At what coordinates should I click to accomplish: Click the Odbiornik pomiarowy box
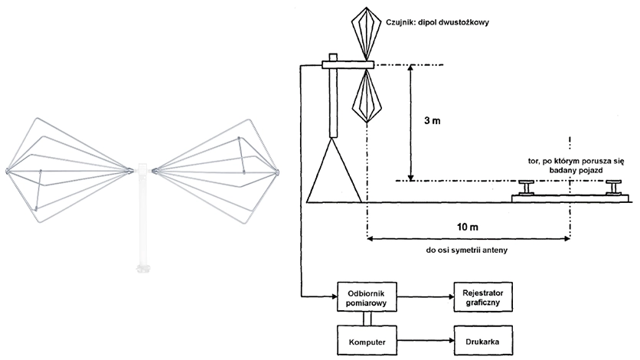tap(367, 296)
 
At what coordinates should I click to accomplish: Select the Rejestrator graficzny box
tap(483, 296)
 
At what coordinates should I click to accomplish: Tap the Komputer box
tap(367, 340)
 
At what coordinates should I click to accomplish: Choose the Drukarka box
tap(483, 340)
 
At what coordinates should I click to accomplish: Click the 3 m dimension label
tap(433, 121)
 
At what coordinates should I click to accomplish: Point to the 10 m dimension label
tap(467, 227)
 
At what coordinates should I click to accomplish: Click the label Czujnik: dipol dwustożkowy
tap(437, 22)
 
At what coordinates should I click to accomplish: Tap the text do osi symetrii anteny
tap(466, 250)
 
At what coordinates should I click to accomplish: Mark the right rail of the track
tap(613, 188)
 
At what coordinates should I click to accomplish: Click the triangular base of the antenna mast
tap(334, 171)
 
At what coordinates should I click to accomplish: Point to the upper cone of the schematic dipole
tap(367, 34)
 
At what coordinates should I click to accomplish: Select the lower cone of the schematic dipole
tap(367, 96)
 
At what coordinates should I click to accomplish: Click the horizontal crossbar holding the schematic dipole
tap(348, 64)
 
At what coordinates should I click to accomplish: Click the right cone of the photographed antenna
tap(216, 172)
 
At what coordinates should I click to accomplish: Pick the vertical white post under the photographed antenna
tap(142, 218)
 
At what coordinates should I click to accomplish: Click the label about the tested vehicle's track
tap(576, 165)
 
